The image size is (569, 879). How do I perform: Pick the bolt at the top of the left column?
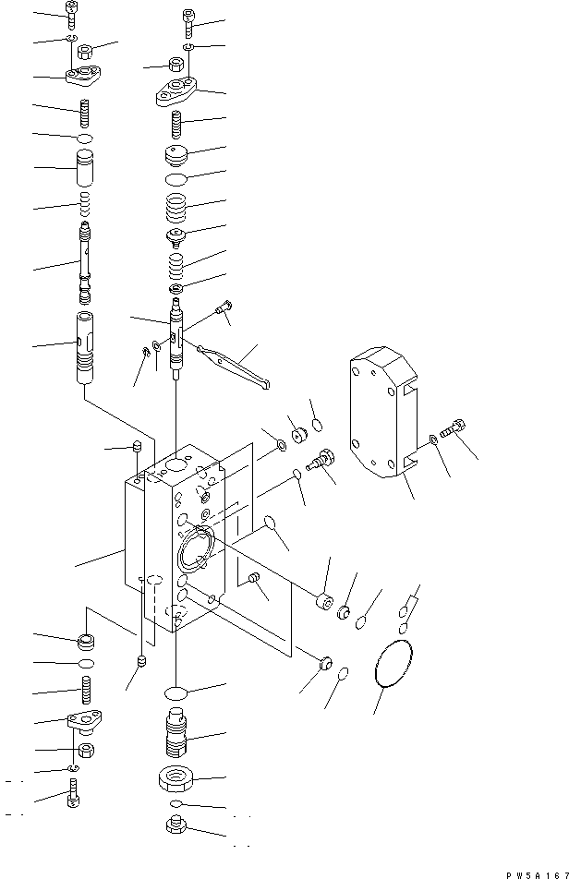pos(73,12)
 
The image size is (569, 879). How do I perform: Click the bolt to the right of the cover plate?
pos(454,429)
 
